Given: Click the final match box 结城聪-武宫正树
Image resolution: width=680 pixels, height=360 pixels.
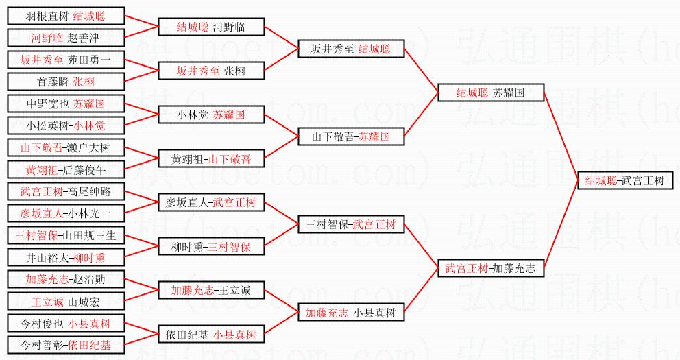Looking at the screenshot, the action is (624, 181).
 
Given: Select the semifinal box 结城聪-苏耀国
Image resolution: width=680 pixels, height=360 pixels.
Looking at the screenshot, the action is (490, 93).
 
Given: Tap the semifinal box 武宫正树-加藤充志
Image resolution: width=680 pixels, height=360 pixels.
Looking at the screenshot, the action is (490, 269).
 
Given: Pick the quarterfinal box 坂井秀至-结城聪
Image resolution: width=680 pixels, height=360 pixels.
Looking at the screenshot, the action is (350, 49).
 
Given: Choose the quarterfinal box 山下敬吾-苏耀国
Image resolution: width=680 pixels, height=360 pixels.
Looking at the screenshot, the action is (350, 137).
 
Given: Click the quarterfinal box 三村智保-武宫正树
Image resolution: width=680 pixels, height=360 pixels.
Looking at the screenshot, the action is (350, 225).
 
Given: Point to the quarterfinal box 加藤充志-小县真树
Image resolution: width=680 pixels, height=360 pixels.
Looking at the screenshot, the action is (350, 313).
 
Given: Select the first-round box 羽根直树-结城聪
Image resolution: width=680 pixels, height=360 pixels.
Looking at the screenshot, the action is (66, 15).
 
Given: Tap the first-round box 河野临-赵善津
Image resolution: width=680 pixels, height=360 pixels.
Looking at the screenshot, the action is (66, 37).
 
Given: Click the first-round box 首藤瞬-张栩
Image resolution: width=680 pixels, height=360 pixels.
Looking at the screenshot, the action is (66, 82).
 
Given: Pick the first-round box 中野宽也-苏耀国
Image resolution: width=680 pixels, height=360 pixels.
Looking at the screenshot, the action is (66, 104).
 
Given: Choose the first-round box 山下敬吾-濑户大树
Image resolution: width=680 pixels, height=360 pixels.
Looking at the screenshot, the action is (66, 147).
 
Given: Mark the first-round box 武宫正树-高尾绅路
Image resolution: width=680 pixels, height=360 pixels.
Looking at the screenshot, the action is (66, 191).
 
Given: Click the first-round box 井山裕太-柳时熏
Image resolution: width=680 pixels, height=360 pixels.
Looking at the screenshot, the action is (66, 258).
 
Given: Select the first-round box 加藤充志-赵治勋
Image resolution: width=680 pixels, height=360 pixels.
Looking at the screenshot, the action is (66, 280).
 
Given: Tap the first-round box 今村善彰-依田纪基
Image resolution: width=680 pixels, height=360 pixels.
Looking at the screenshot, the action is (66, 346).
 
